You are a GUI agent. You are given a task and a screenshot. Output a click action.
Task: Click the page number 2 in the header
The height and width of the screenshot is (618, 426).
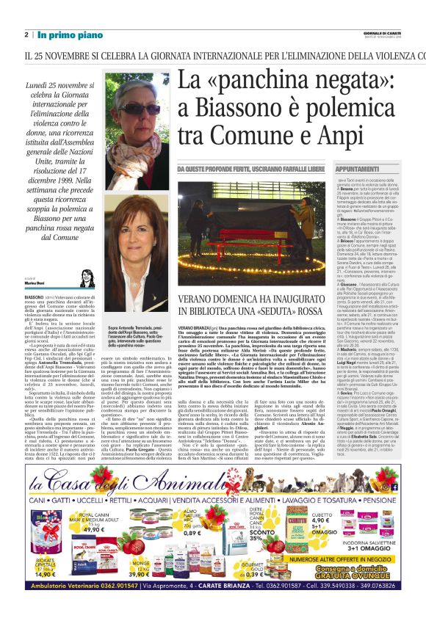[x=26, y=34]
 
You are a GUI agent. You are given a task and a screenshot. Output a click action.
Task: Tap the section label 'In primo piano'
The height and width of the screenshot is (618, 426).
[x=71, y=34]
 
